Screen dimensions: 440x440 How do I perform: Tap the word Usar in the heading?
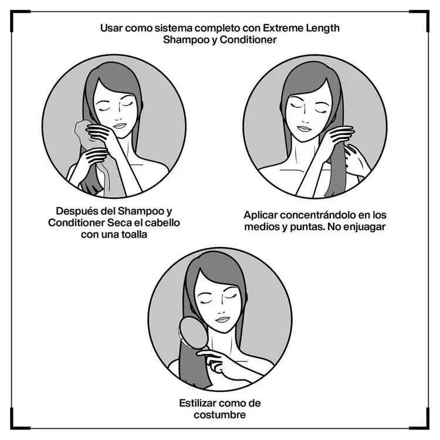click(x=112, y=28)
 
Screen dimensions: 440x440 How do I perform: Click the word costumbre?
click(x=219, y=415)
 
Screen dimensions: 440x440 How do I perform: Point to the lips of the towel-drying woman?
click(x=119, y=126)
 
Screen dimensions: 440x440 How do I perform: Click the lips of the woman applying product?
click(x=304, y=127)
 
